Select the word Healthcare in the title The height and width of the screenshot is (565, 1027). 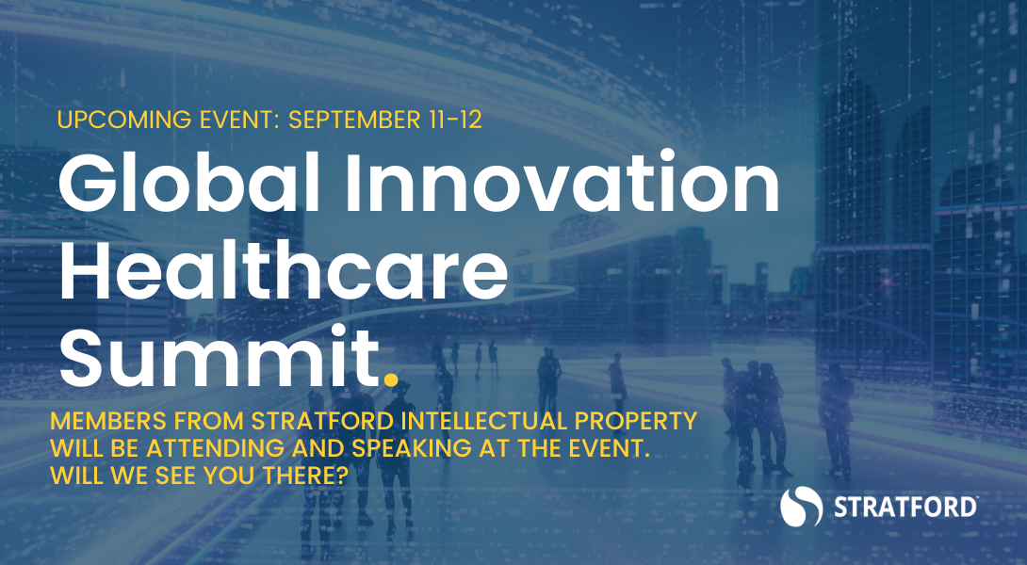click(284, 270)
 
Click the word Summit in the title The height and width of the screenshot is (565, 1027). click(220, 358)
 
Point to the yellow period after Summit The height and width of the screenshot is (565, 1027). click(390, 379)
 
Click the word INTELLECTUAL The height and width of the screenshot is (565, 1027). click(484, 421)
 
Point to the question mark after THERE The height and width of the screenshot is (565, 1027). click(340, 476)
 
